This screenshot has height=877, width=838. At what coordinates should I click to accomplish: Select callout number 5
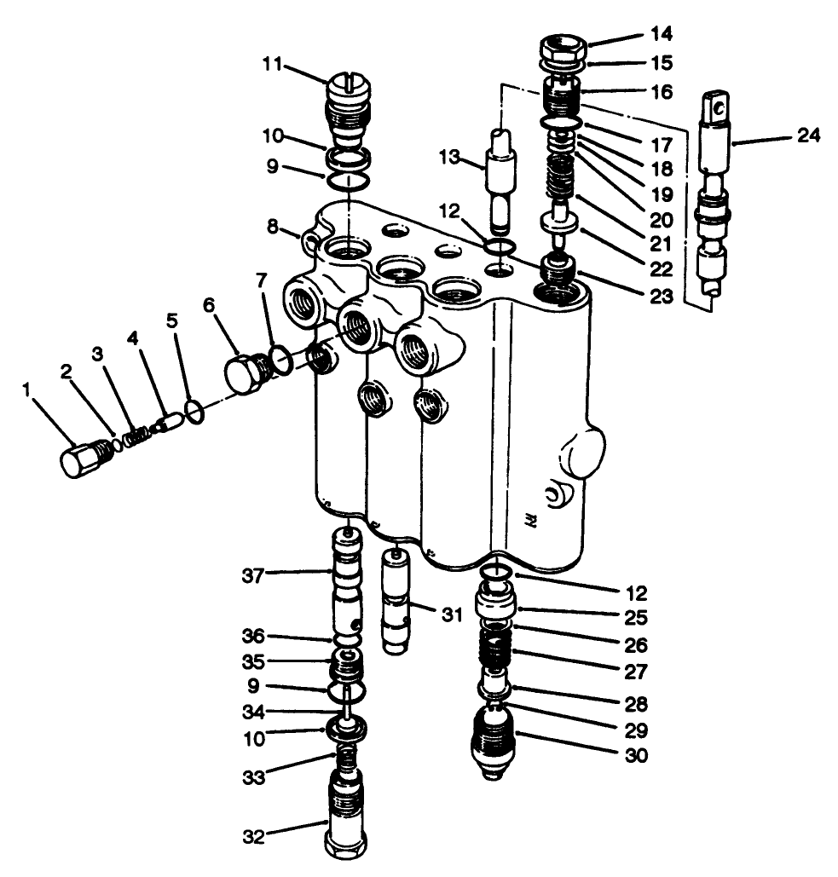tap(173, 321)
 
